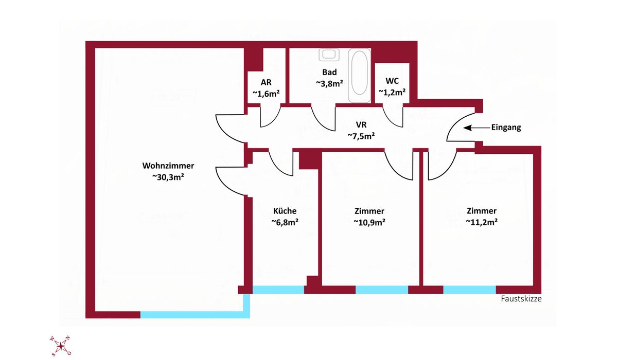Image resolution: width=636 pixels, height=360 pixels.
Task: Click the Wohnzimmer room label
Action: point(168,166)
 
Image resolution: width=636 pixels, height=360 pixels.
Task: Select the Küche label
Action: point(285,211)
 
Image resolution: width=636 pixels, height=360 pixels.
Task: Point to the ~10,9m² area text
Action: point(369,222)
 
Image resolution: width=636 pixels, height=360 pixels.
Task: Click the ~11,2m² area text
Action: point(482,222)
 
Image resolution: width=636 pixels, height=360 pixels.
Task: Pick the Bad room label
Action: point(329,72)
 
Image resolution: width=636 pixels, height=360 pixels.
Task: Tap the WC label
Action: point(392,81)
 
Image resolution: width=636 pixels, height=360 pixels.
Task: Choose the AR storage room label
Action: point(266,82)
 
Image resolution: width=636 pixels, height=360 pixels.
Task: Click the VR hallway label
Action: point(361,125)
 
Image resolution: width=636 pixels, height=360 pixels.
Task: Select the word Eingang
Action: point(506,128)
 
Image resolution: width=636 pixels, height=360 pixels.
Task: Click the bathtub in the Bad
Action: point(359,75)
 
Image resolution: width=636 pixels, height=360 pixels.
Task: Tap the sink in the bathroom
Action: point(328,55)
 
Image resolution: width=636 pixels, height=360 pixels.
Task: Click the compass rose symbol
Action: point(61,346)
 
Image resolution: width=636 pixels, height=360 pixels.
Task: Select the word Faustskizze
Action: point(521,298)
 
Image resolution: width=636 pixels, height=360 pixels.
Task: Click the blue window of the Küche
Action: point(278,290)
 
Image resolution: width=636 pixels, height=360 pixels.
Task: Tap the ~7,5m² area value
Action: point(361,136)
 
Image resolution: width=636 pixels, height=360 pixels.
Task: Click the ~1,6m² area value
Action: point(266,93)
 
